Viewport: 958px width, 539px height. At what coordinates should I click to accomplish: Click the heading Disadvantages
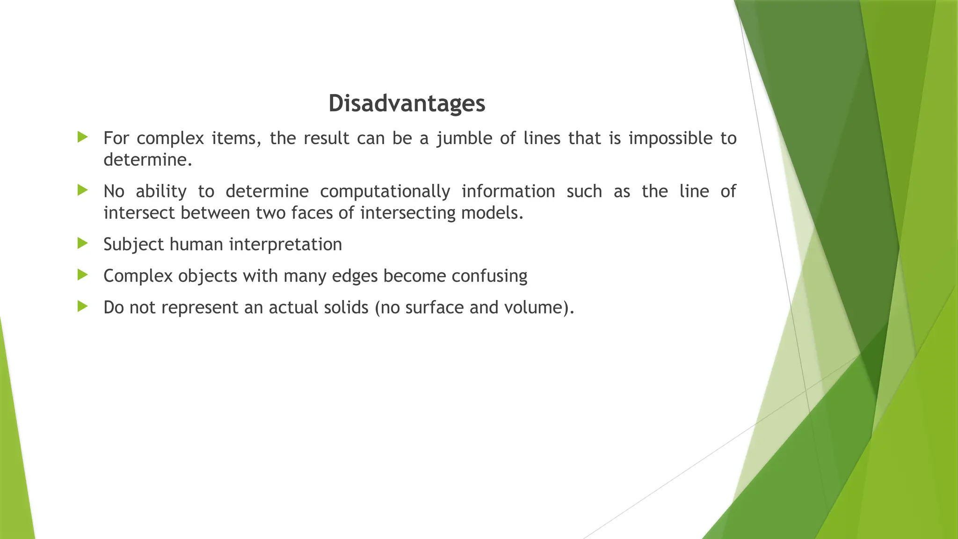pos(406,103)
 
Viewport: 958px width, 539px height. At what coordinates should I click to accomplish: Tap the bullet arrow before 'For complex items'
pos(83,137)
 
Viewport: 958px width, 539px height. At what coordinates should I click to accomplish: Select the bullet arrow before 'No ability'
pos(83,190)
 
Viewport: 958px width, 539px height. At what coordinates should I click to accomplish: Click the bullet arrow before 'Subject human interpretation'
pos(83,243)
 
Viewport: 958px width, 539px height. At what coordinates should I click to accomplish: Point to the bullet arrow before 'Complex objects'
pos(83,275)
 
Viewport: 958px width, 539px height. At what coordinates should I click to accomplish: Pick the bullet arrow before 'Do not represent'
pos(83,306)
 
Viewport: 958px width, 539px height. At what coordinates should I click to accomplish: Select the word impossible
pos(670,139)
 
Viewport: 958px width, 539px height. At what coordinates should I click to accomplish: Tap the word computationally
pos(385,192)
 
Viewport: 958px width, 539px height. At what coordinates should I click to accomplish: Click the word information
pos(508,192)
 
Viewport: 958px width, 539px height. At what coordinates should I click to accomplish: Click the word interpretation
pos(285,245)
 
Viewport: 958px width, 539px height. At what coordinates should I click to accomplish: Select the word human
pos(196,245)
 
